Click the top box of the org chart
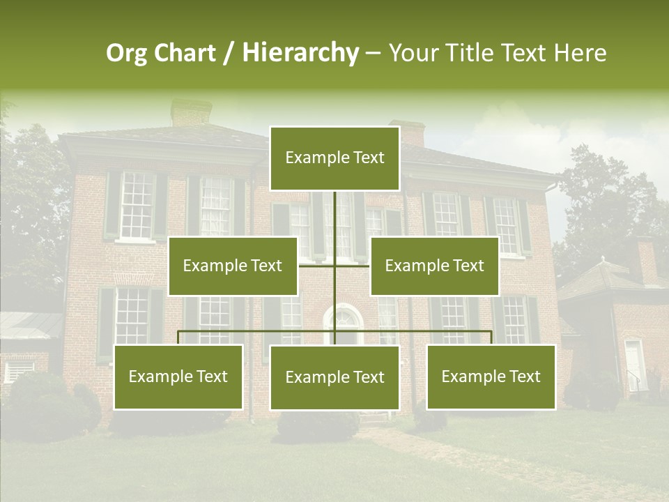coord(334,158)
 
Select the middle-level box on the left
coord(233,266)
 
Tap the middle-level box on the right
coord(434,266)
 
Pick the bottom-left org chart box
coord(178,376)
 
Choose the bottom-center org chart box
coord(334,377)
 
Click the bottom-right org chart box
coord(491,376)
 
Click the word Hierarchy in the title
coord(300,52)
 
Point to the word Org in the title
coord(126,53)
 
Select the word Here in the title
coord(580,52)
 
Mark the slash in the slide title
coord(229,53)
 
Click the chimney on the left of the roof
coord(190,112)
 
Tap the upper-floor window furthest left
coord(136,206)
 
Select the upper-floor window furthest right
coord(507,225)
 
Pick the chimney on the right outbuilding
coord(645,259)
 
